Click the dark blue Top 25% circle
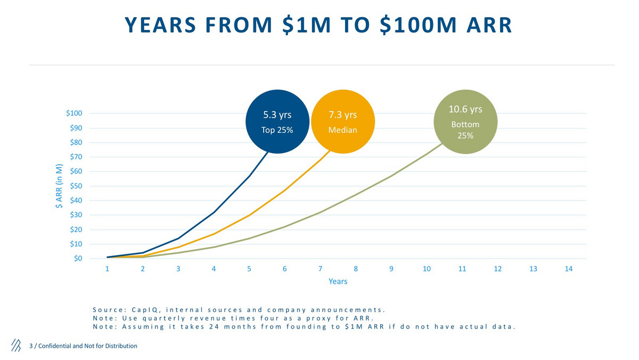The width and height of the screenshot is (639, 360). [277, 122]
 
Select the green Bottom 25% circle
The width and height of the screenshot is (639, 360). [465, 122]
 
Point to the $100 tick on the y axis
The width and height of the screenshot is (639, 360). [73, 113]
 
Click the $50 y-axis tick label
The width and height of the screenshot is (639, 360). [76, 186]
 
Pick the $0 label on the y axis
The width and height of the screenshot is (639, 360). [78, 259]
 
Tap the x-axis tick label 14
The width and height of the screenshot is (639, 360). [568, 269]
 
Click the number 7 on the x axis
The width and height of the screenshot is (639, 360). [320, 269]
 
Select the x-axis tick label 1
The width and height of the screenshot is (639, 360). [108, 269]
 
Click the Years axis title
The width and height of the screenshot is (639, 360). [338, 281]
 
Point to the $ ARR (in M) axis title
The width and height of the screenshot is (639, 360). [60, 186]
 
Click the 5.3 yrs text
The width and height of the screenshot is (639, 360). [277, 115]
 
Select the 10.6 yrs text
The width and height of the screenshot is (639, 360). [465, 109]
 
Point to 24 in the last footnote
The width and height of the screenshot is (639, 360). [210, 327]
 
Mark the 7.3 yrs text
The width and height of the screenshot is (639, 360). [342, 115]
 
